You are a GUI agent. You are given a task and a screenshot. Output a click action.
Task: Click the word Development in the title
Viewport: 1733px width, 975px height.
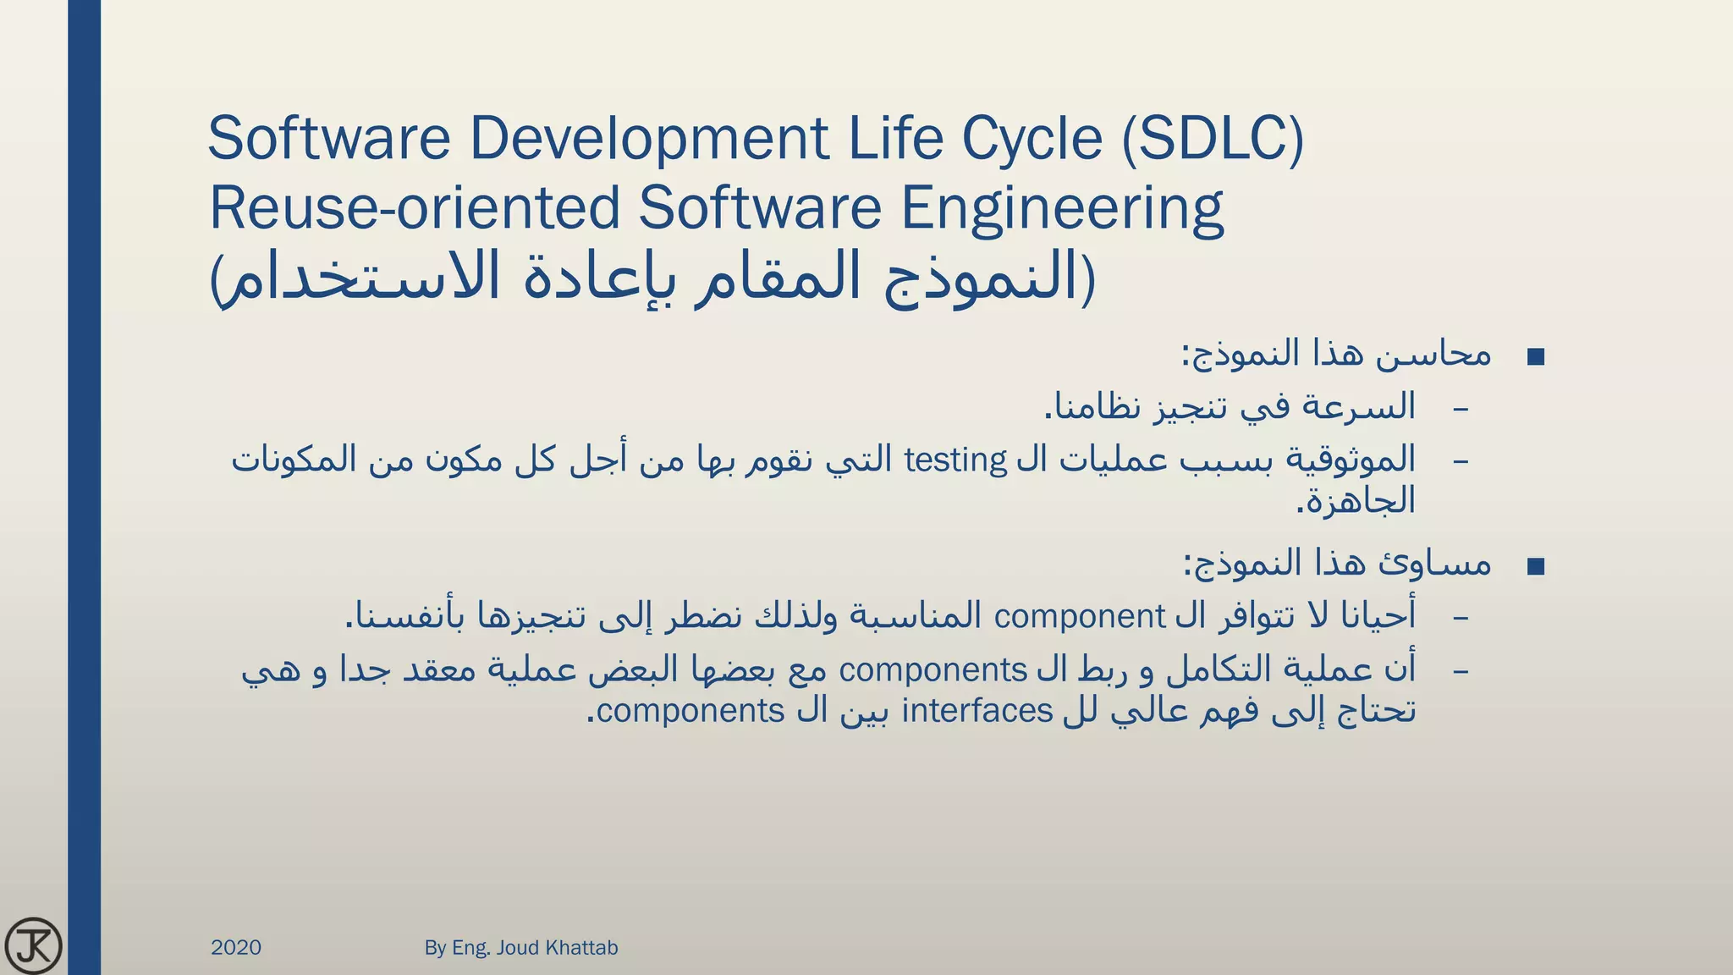(x=649, y=140)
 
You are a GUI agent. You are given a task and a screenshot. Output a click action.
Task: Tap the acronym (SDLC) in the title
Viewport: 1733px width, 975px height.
(x=1213, y=140)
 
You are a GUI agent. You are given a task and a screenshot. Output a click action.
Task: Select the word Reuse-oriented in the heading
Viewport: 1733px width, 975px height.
(x=415, y=209)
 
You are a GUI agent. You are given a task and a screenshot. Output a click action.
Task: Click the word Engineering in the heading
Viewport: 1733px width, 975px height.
(x=1062, y=209)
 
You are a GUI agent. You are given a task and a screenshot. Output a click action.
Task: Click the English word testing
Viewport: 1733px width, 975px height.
(x=955, y=460)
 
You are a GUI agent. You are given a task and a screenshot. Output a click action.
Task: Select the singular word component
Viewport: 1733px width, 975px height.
(x=1080, y=616)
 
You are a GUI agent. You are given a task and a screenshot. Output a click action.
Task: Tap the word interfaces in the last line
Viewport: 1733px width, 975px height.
(x=977, y=710)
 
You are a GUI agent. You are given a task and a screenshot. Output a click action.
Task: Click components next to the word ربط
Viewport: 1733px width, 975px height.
(x=933, y=669)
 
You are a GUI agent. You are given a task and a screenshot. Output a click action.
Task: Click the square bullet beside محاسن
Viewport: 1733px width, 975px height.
(x=1536, y=357)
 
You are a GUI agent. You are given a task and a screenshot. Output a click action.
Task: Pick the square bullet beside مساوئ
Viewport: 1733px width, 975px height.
(x=1536, y=566)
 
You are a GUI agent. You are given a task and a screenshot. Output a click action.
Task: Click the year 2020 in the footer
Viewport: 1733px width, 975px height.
(x=236, y=947)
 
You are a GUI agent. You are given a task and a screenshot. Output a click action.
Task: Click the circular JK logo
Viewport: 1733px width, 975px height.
(x=33, y=945)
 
